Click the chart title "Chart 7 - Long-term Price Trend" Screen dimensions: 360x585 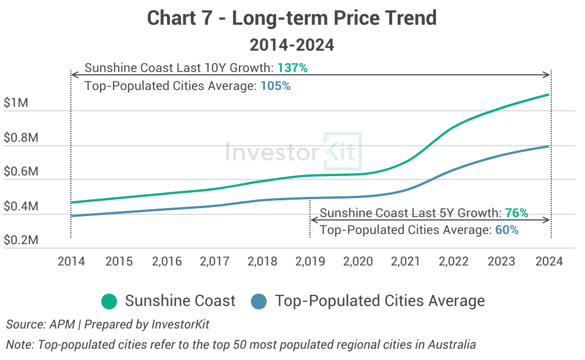pyautogui.click(x=292, y=18)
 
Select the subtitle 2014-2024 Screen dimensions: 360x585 pyautogui.click(x=292, y=44)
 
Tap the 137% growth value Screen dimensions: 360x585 pyautogui.click(x=292, y=68)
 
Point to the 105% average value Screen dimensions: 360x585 pyautogui.click(x=275, y=87)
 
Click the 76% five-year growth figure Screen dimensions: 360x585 pyautogui.click(x=516, y=213)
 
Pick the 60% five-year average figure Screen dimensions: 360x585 pyautogui.click(x=506, y=230)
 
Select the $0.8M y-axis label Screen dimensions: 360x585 pyautogui.click(x=21, y=138)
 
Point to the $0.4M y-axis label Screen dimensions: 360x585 pyautogui.click(x=21, y=206)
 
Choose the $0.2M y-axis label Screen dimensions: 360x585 pyautogui.click(x=21, y=240)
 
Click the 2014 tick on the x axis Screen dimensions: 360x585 pyautogui.click(x=71, y=262)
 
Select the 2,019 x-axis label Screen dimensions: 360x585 pyautogui.click(x=310, y=262)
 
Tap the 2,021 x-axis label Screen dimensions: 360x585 pyautogui.click(x=406, y=262)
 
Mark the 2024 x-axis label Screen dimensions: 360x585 pyautogui.click(x=549, y=262)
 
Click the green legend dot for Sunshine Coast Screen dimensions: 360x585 pyautogui.click(x=109, y=301)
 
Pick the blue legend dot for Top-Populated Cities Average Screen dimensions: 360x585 pyautogui.click(x=259, y=301)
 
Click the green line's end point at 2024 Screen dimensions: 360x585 pyautogui.click(x=549, y=94)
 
